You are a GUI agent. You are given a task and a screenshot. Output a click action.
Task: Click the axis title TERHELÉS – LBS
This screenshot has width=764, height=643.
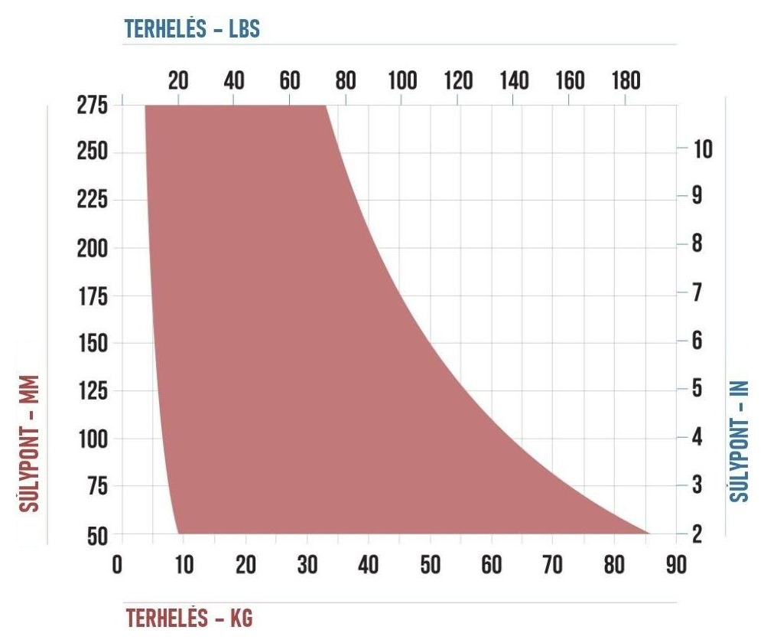(192, 29)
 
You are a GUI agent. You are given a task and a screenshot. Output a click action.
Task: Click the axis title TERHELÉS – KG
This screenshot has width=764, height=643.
(189, 618)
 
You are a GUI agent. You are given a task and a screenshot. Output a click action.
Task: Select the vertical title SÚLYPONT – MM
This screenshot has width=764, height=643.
(29, 443)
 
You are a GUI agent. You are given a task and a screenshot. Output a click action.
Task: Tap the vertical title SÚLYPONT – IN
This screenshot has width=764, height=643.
(739, 441)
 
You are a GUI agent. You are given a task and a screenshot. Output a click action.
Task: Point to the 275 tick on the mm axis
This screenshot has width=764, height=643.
(93, 105)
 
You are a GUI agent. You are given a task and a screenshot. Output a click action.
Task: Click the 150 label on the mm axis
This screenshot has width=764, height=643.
(93, 343)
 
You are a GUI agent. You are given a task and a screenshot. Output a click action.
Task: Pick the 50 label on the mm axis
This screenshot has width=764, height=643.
(97, 537)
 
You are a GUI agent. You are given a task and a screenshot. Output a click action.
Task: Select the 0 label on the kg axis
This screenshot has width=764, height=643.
(118, 565)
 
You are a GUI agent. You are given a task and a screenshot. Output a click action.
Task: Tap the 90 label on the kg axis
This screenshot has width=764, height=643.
(676, 565)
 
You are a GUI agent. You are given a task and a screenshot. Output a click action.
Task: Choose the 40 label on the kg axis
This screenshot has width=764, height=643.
(368, 565)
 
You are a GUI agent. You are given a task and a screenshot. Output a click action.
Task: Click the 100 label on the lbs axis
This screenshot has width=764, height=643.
(402, 80)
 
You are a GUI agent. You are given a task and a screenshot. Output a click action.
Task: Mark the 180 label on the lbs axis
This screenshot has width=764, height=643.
(626, 80)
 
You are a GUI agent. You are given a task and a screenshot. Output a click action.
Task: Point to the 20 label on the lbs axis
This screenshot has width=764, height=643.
(178, 80)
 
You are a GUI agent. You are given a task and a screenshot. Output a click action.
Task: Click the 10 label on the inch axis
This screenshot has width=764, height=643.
(703, 149)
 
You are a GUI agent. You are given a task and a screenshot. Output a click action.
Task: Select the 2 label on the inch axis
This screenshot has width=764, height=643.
(697, 534)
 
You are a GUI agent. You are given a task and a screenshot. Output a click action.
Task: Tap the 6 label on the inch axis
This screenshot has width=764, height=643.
(697, 340)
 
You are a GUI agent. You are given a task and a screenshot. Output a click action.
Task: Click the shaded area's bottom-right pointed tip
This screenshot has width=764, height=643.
(649, 534)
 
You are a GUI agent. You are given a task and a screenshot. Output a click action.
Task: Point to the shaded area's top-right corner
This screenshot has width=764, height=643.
(326, 106)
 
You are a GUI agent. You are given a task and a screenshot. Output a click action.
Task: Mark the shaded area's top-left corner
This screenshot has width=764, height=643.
(145, 106)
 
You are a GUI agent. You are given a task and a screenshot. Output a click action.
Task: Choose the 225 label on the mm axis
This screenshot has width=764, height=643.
(93, 200)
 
